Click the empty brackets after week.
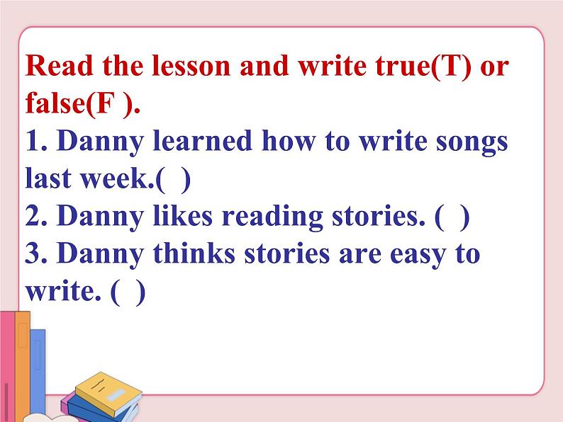tap(174, 179)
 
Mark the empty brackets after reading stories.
tap(452, 217)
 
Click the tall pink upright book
tap(8, 361)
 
